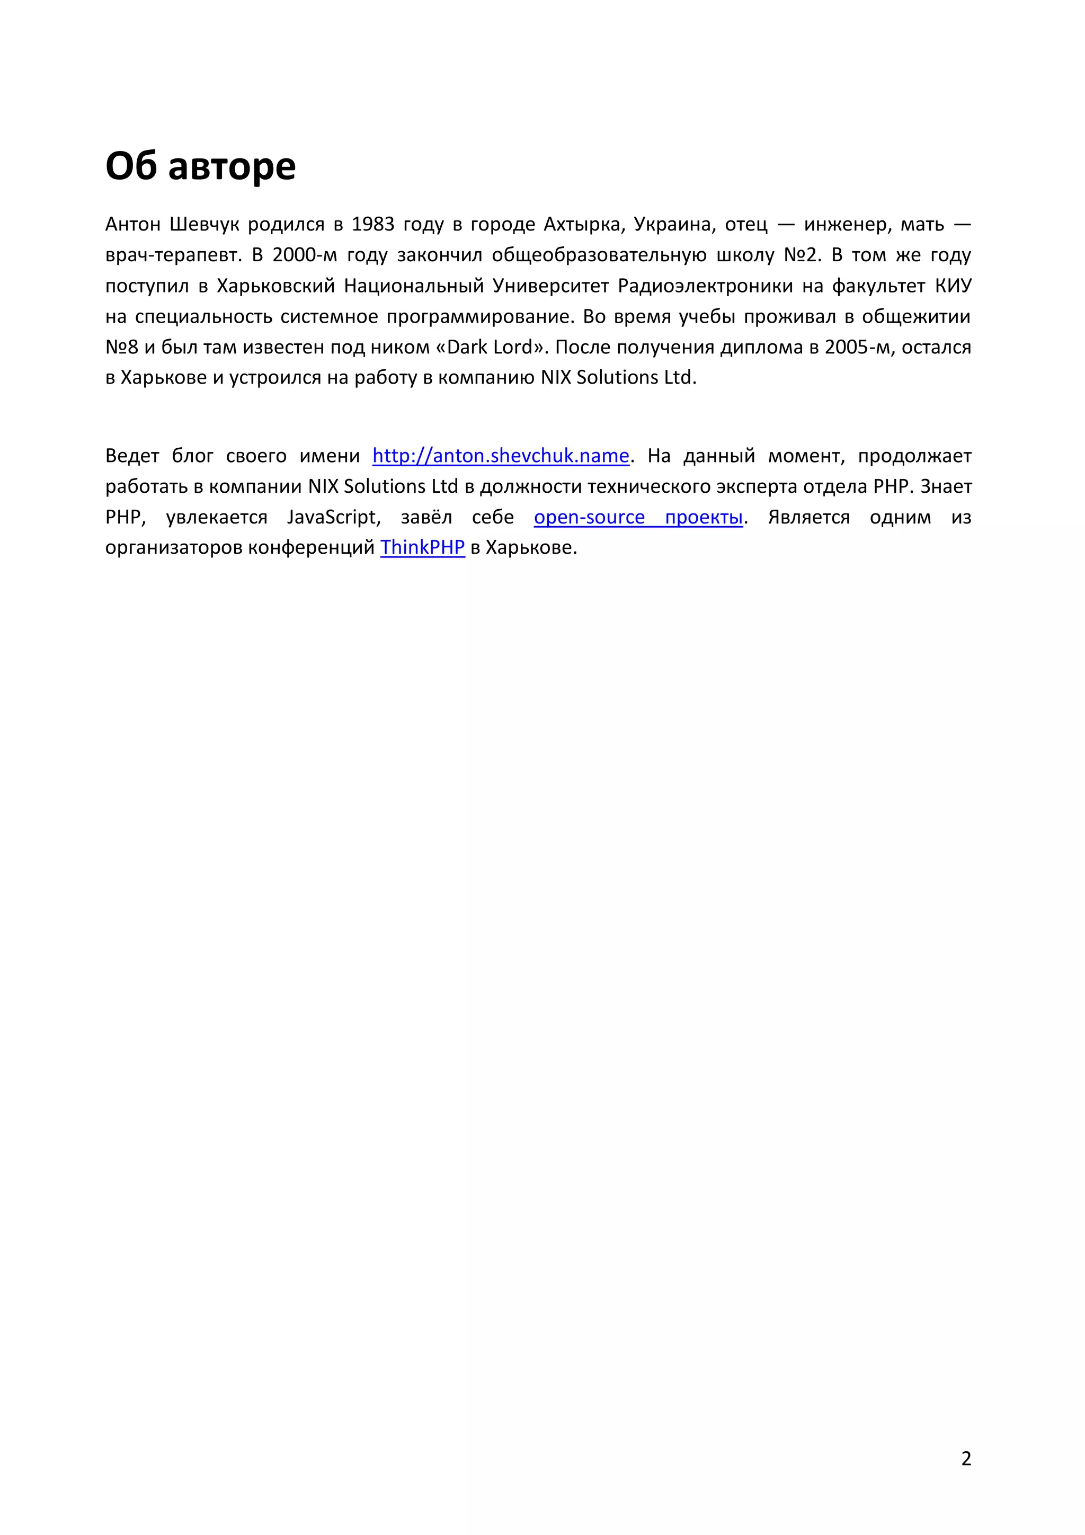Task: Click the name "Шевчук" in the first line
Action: coord(204,225)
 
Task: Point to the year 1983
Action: coord(372,225)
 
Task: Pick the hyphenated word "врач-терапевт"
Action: coord(173,255)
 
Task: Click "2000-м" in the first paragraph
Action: coord(304,255)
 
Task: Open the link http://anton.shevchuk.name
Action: coord(501,456)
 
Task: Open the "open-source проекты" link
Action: coord(638,518)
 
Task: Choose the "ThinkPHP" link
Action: coord(422,547)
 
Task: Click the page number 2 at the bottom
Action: coord(965,1459)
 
